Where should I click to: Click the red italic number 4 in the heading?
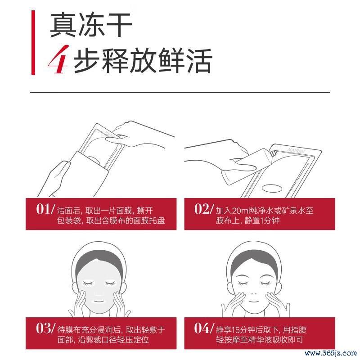58,59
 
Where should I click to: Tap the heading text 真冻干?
91,25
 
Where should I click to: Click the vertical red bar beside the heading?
33,42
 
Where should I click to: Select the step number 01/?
46,209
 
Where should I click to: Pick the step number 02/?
204,209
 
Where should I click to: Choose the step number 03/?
46,328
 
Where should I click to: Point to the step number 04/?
204,328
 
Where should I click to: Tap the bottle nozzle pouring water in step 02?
274,153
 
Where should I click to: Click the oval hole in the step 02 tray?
272,189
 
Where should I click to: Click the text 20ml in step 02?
240,211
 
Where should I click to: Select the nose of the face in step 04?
254,293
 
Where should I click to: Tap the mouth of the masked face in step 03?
98,301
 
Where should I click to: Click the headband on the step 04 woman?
253,252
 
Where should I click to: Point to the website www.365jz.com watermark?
331,353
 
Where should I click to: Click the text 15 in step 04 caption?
236,330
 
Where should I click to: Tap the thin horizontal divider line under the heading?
180,92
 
